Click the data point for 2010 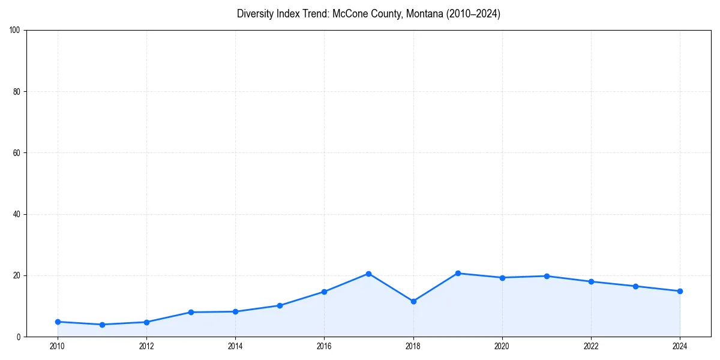pos(58,322)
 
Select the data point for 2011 pos(102,325)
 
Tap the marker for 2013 pos(191,312)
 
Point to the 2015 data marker pos(280,305)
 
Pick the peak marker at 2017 pos(368,274)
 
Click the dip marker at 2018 pos(413,301)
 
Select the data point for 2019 pos(458,273)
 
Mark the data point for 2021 pos(547,276)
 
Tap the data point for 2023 pos(635,286)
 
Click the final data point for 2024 pos(680,291)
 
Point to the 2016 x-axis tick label pos(324,346)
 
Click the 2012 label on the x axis pos(146,346)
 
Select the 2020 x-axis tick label pos(502,346)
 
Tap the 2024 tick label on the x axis pos(680,346)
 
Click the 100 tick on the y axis pos(16,31)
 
